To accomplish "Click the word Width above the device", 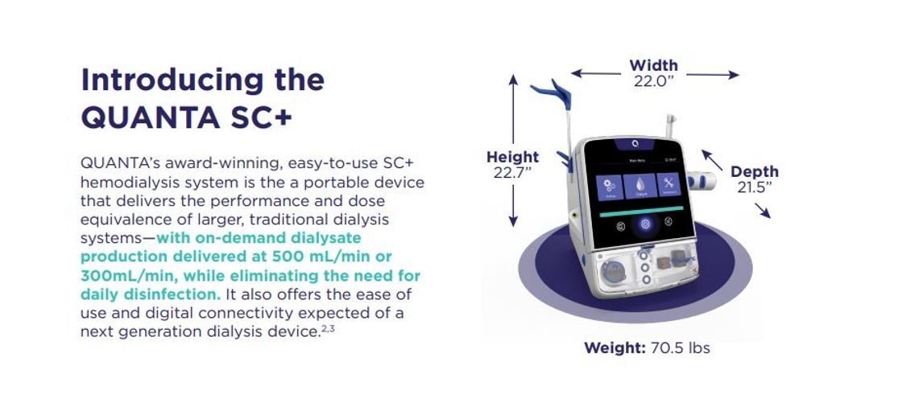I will click(653, 65).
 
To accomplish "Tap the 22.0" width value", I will click(653, 81).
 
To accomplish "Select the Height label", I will click(512, 158).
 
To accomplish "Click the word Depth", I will click(755, 171).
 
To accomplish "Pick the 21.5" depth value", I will click(755, 187).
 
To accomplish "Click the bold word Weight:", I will click(614, 348).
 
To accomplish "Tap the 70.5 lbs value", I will click(680, 348).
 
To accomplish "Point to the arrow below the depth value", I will click(762, 210).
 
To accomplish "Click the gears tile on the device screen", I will click(609, 187).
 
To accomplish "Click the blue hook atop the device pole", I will click(556, 90).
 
